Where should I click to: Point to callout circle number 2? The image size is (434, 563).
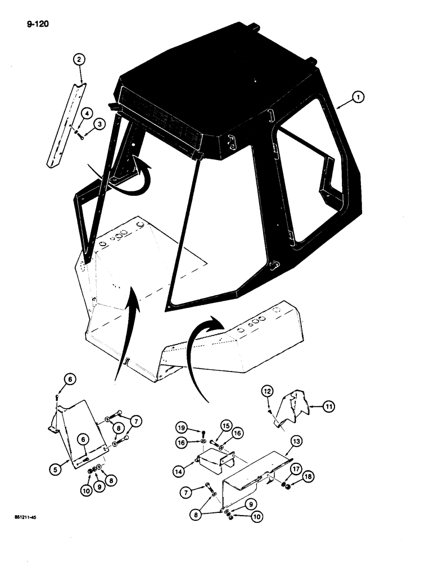coord(79,59)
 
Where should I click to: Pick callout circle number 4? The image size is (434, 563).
coord(87,114)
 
